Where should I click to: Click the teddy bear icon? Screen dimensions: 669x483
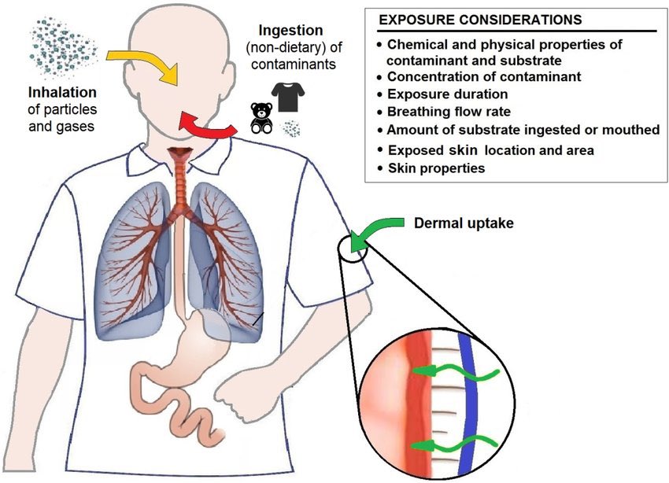coord(261,120)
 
